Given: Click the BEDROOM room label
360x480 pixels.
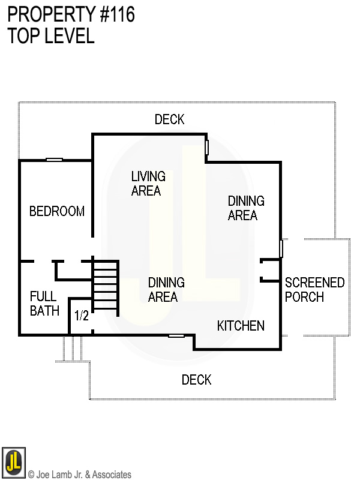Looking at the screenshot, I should [57, 211].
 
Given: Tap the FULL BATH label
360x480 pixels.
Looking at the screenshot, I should [44, 304].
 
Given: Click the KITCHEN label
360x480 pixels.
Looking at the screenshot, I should [241, 326].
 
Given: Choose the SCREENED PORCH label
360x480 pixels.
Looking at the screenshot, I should [314, 290].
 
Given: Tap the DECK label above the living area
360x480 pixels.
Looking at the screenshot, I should [169, 119].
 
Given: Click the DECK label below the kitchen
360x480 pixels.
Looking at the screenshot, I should [196, 380].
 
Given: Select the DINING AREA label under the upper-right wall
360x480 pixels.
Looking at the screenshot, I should [246, 208].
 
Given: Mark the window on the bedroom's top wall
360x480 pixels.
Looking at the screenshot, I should [55, 160].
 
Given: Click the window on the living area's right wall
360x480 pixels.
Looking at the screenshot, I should [207, 147].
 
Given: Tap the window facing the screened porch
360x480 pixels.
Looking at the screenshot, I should [281, 248].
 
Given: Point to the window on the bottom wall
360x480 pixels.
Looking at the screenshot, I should [176, 335].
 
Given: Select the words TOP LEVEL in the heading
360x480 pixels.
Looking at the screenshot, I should [51, 36].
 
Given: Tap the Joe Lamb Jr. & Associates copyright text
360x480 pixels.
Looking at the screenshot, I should [79, 475].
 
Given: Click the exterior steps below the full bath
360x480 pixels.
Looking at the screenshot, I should [72, 349].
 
